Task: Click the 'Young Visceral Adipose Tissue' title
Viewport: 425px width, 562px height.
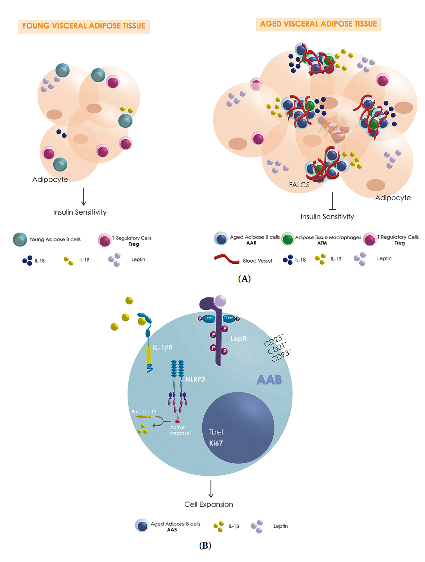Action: [83, 26]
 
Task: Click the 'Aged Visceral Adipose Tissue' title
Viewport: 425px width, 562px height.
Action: [318, 24]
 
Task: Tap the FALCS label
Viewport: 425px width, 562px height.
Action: [299, 185]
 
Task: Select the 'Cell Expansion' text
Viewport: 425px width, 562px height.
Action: [209, 504]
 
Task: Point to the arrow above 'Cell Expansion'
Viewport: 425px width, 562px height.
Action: [211, 488]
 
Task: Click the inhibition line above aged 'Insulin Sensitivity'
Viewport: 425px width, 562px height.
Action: [332, 201]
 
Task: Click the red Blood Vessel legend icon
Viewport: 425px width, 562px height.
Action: [227, 259]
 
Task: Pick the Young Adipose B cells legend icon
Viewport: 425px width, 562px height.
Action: [20, 240]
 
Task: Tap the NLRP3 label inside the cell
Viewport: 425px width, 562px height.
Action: [195, 379]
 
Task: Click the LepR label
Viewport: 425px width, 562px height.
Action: [238, 339]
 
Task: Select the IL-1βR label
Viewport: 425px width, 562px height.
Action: [162, 348]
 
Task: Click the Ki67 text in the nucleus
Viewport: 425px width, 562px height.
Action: [216, 443]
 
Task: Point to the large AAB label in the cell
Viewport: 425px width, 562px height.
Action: [269, 380]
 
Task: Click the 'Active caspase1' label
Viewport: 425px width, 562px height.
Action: [180, 430]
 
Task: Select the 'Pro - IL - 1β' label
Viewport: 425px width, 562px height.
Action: [144, 412]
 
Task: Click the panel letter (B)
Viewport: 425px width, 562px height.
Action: [205, 545]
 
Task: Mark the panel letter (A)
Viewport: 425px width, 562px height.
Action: [244, 279]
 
